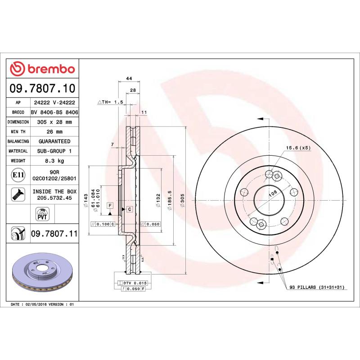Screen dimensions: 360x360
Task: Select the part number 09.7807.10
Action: [44, 88]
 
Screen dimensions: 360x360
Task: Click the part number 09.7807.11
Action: [54, 234]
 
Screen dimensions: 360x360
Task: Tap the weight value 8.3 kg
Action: [54, 161]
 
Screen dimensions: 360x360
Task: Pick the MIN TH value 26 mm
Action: [54, 132]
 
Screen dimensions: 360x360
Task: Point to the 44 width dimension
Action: [129, 79]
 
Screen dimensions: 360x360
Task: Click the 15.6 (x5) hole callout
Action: [298, 148]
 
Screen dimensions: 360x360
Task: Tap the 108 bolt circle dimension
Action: [272, 193]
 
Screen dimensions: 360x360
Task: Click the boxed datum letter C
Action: [129, 209]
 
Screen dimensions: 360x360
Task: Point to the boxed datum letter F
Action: [109, 206]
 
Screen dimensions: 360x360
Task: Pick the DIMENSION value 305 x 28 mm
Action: [54, 122]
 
